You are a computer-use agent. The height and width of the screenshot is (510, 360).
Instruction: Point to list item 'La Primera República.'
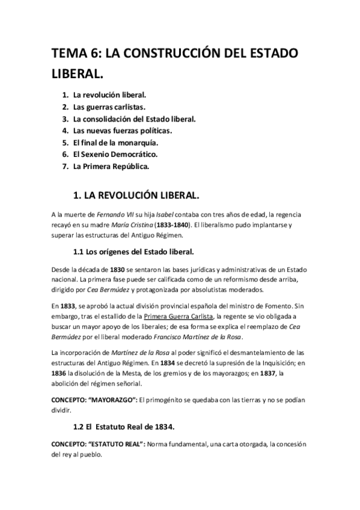(x=111, y=166)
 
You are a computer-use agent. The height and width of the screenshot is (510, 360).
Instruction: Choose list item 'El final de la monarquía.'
(x=115, y=143)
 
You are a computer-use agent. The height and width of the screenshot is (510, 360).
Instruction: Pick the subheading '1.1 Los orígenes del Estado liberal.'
(x=134, y=251)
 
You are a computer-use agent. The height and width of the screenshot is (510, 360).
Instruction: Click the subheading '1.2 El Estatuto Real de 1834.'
(x=123, y=426)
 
